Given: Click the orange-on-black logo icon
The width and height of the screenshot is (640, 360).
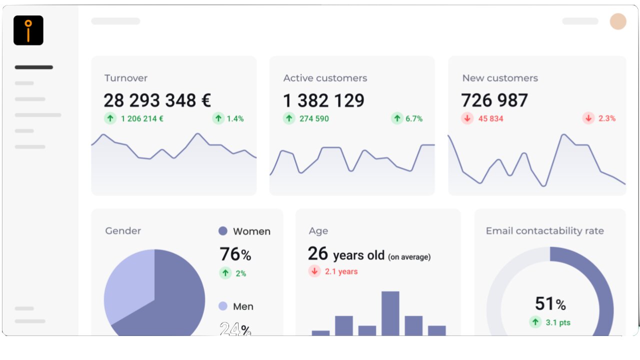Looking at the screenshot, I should point(28,30).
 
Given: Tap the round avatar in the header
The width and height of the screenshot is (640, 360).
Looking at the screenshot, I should point(618,21).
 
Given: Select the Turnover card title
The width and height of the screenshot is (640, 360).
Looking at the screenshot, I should point(126,78).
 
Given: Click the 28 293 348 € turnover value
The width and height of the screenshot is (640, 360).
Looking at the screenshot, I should point(157,100).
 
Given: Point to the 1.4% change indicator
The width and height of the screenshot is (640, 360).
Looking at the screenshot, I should point(235,118).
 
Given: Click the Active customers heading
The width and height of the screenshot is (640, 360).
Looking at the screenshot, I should point(325,78).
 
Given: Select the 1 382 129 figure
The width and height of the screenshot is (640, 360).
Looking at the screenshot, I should point(323,100).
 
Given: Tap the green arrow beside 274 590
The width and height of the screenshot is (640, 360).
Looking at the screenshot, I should point(289,118).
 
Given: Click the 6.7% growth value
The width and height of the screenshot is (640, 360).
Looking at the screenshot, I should point(414,118).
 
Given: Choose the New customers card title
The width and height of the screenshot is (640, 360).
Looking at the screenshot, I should point(500,78).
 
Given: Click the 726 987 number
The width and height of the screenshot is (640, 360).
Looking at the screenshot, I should point(494,100).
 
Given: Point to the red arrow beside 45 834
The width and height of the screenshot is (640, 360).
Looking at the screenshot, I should point(467,118).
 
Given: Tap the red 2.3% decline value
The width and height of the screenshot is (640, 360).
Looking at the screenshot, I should point(607,118).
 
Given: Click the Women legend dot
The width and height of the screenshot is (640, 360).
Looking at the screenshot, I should point(223,231).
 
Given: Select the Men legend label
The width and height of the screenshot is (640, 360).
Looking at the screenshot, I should point(243,306).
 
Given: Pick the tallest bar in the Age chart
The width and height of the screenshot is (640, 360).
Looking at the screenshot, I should point(390,313).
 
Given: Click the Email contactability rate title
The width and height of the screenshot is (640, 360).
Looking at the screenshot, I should point(544,231).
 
